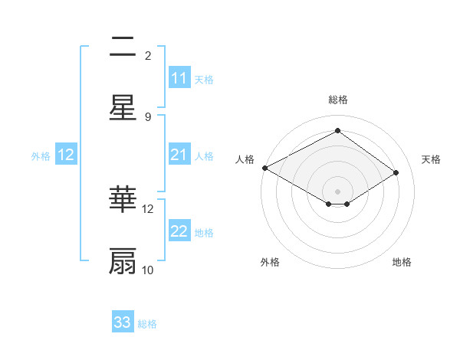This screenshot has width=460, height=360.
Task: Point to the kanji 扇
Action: [123, 261]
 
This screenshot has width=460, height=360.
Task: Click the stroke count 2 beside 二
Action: [148, 56]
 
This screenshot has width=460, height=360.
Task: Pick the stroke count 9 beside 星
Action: [148, 116]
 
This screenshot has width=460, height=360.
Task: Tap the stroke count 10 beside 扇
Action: [148, 270]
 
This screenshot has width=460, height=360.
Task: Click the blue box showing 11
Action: [179, 78]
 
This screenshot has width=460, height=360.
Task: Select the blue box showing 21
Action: [179, 155]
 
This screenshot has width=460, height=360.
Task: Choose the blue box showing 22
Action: [179, 231]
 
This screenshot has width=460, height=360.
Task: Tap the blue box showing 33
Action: [123, 322]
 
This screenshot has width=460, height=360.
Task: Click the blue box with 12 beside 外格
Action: [66, 155]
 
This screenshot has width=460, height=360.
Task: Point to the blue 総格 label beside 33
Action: [147, 324]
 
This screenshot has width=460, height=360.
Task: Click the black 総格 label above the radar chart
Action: [338, 100]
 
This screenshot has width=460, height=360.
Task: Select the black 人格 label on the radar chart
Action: [245, 159]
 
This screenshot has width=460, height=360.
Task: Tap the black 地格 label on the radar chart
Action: [402, 262]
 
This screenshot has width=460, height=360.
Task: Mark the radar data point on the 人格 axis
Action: [264, 168]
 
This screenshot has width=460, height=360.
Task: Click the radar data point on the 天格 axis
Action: [396, 172]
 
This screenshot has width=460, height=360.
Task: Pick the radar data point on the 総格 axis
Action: [337, 130]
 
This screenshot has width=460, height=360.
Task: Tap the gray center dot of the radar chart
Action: [337, 191]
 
